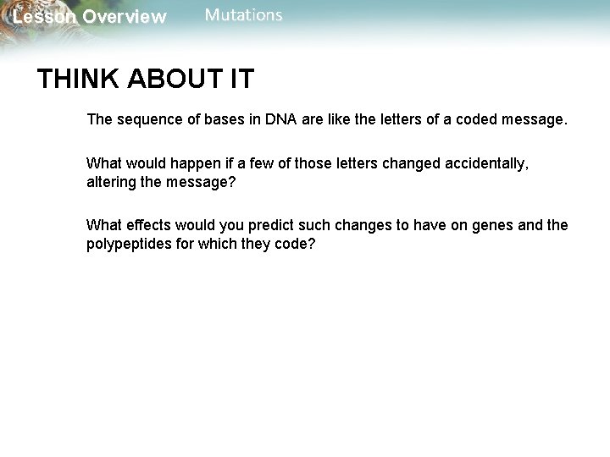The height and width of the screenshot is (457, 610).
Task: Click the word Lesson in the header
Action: (44, 18)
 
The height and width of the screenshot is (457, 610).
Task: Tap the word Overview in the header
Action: (125, 18)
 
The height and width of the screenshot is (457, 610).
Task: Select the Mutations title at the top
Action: (244, 16)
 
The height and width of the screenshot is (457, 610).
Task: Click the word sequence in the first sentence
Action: (143, 119)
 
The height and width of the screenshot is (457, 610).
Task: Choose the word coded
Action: (479, 119)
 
